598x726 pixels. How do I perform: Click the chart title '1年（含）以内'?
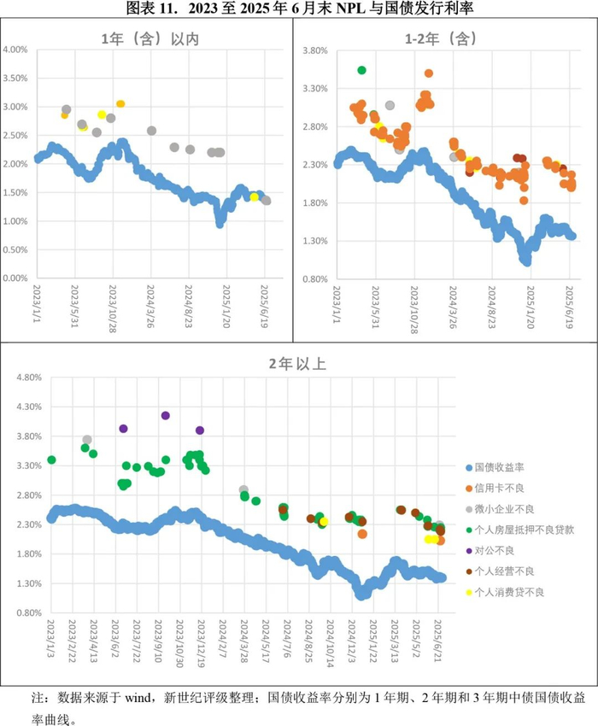tap(150, 39)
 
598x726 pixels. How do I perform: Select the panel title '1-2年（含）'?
tap(441, 39)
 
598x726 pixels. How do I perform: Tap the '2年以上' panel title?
tap(297, 364)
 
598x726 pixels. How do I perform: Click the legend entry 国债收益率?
tap(495, 468)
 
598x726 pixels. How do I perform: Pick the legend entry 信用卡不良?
tap(495, 488)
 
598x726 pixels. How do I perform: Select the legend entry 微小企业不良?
tap(500, 509)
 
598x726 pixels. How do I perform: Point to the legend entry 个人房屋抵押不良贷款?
tap(519, 530)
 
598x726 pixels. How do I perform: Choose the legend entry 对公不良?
tap(490, 551)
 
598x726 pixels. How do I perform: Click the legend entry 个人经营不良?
tap(500, 571)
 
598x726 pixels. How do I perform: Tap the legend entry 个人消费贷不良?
tap(505, 592)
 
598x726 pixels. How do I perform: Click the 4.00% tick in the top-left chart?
tap(15, 50)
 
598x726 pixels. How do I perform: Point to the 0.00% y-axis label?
tap(15, 278)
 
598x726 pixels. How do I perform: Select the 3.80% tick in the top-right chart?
tap(315, 50)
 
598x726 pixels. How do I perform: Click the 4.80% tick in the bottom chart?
tap(29, 378)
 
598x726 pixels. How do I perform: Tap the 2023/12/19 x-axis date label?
tap(201, 644)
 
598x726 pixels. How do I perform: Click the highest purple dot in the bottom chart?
tap(166, 415)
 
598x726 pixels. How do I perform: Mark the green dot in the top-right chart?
tap(361, 70)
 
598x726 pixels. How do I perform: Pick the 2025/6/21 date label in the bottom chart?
tap(437, 641)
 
